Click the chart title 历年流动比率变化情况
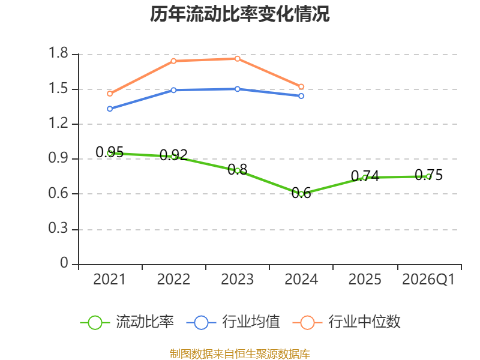pos(239,14)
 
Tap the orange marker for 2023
pos(238,59)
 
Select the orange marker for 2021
pos(110,94)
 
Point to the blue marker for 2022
pos(173,90)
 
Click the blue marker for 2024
pos(301,96)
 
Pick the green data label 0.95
pos(110,152)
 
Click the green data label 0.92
pos(173,155)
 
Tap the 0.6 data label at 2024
pos(301,193)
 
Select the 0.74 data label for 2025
pos(365,176)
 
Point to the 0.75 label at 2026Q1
pos(428,175)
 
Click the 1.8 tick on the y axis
pos(58,53)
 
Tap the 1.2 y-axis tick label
pos(58,123)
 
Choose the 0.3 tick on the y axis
pos(58,228)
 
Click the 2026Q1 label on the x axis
pos(428,279)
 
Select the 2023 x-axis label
pos(238,279)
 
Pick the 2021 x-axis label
pos(110,279)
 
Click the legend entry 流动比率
pos(127,322)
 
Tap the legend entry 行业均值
pos(233,322)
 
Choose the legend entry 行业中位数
pos(347,322)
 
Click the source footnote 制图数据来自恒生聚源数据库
pos(240,354)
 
